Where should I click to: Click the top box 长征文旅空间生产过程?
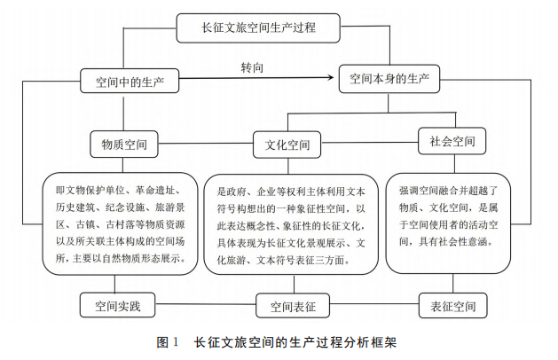click(x=259, y=27)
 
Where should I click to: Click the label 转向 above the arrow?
click(x=253, y=67)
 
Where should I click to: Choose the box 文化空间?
click(x=287, y=144)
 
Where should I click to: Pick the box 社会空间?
click(x=452, y=140)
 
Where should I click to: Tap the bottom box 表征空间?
click(x=452, y=307)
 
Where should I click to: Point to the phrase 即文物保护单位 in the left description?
click(x=87, y=190)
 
